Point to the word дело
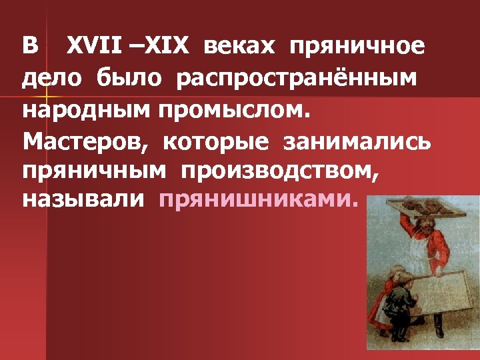50,79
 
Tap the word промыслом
235,110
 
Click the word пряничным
93,171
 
